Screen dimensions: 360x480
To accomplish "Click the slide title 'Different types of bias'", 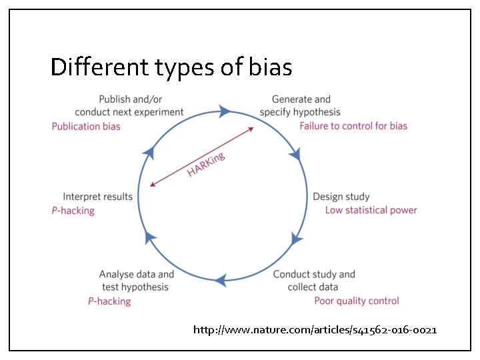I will pyautogui.click(x=171, y=67).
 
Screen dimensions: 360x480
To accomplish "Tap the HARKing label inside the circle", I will pyautogui.click(x=206, y=165).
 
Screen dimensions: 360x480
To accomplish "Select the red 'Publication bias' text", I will pyautogui.click(x=86, y=126).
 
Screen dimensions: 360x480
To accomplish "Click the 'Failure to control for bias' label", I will pyautogui.click(x=353, y=125).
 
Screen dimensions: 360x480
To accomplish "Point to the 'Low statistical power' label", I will pyautogui.click(x=371, y=210).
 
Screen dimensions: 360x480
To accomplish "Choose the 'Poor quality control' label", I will pyautogui.click(x=357, y=301).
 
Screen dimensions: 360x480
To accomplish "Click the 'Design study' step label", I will pyautogui.click(x=341, y=197).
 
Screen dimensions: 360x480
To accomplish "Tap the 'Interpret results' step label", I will pyautogui.click(x=98, y=197).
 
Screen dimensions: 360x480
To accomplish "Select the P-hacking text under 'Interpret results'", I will pyautogui.click(x=73, y=211).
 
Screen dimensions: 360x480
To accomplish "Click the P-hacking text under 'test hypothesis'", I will pyautogui.click(x=109, y=301).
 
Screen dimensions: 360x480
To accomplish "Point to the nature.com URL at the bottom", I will pyautogui.click(x=315, y=329).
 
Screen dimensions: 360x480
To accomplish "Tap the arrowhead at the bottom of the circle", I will pyautogui.click(x=219, y=280).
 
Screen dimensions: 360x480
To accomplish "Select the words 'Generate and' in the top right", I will pyautogui.click(x=301, y=99).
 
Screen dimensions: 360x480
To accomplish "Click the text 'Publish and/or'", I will pyautogui.click(x=129, y=99).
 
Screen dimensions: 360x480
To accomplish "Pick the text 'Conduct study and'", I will pyautogui.click(x=314, y=274).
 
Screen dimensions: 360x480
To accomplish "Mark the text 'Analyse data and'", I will pyautogui.click(x=137, y=274).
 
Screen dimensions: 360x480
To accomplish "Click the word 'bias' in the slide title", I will pyautogui.click(x=269, y=67).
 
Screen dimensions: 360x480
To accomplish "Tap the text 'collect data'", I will pyautogui.click(x=313, y=287).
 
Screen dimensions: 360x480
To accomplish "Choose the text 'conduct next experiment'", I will pyautogui.click(x=129, y=112).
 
